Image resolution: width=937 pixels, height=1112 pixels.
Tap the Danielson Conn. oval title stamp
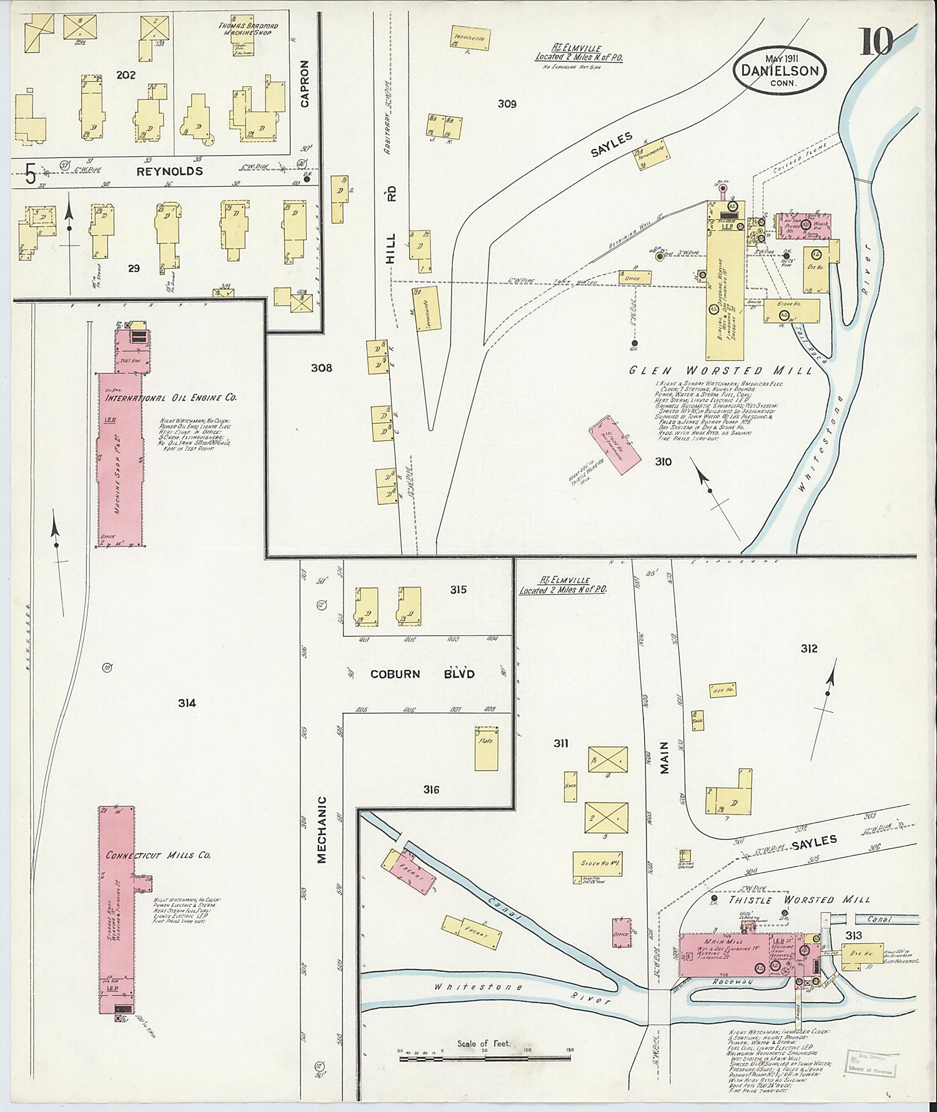tap(780, 71)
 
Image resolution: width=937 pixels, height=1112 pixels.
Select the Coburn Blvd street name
tap(423, 674)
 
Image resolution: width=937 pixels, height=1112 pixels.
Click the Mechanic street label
tap(322, 829)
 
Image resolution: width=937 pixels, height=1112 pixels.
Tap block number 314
tap(186, 703)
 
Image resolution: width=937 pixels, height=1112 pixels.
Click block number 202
tap(126, 75)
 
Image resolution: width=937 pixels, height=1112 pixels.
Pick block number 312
tap(808, 649)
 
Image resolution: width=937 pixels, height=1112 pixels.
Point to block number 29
tap(134, 268)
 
